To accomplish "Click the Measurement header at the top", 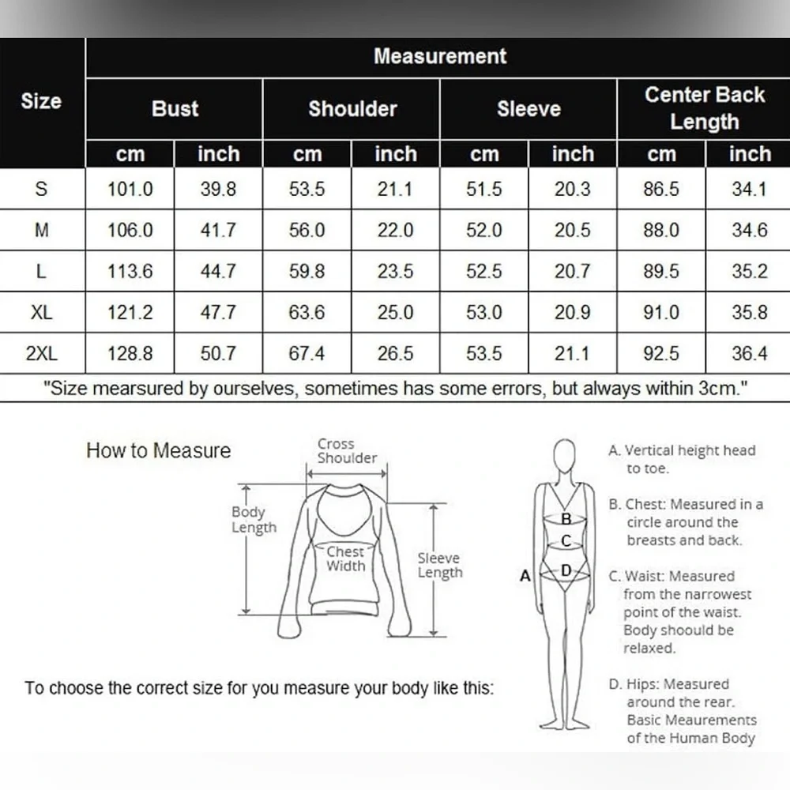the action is click(x=440, y=56).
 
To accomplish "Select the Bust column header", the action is click(x=175, y=109).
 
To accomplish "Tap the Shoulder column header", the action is click(x=352, y=109).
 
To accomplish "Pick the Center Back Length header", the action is click(x=705, y=108).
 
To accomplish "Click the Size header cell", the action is click(x=41, y=101).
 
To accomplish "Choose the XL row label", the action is click(x=41, y=312).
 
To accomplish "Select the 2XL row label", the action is click(x=41, y=353).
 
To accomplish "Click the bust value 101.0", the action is click(x=130, y=189).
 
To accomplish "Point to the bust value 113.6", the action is click(x=130, y=271).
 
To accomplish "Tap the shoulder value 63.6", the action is click(x=307, y=312).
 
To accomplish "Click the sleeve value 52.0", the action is click(x=484, y=230).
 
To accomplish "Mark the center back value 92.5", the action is click(x=661, y=353).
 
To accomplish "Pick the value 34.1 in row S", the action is click(x=750, y=189).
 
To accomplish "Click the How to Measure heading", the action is click(x=158, y=450).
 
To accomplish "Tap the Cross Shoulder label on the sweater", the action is click(x=347, y=451).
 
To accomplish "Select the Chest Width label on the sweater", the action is click(x=346, y=559).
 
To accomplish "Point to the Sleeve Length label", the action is click(x=440, y=566).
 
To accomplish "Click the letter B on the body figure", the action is click(x=566, y=518).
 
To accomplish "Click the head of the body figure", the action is click(x=564, y=456).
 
